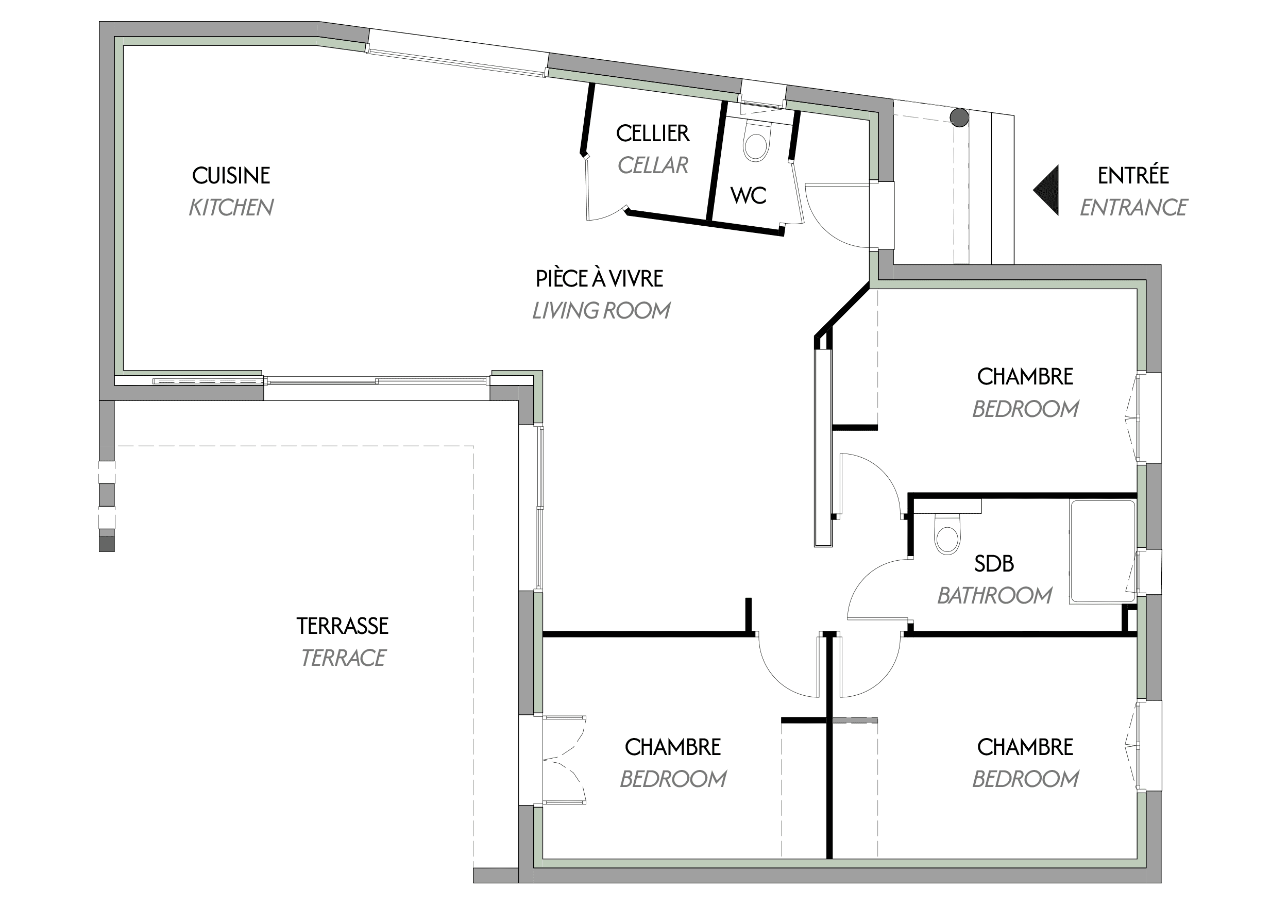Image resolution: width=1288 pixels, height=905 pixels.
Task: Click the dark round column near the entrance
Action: pos(959,118)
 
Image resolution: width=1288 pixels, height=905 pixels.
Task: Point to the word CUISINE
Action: pos(231,176)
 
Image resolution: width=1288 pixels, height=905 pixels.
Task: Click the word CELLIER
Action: pos(652,133)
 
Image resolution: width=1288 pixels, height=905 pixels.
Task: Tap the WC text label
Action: pos(749,195)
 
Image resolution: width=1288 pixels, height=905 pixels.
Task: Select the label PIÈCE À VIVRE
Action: pos(599,279)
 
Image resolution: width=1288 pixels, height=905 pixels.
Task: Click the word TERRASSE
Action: pos(342,626)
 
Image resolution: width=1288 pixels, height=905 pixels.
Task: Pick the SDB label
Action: pos(994,563)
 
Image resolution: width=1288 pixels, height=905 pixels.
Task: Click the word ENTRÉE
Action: pos(1132,176)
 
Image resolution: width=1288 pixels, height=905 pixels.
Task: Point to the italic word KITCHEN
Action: pos(231,208)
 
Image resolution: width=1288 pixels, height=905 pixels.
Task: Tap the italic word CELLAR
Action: pos(652,165)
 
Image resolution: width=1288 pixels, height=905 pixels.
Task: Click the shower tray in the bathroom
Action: pos(1103,552)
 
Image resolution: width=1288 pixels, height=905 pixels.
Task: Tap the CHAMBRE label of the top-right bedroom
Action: pos(1025,376)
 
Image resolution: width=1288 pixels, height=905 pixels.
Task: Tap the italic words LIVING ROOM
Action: pos(601,311)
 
